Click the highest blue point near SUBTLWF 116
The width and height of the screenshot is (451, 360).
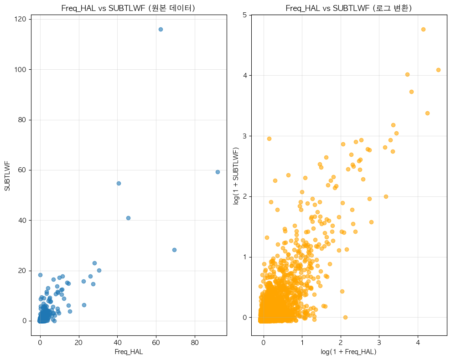161,29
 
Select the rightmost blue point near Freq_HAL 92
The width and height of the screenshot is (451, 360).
218,172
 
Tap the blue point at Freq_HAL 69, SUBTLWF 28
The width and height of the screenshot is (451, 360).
174,250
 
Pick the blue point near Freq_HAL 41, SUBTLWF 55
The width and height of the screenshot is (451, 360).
119,183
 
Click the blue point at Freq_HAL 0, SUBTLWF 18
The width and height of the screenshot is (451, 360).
40,275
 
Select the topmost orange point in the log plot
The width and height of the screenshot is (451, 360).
423,29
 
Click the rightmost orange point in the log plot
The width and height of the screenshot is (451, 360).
438,70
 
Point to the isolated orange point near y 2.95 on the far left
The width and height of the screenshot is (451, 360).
269,139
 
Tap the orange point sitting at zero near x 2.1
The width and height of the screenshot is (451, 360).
345,317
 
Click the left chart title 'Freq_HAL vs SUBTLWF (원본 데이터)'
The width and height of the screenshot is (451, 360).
129,8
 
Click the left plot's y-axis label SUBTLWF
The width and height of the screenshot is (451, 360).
8,175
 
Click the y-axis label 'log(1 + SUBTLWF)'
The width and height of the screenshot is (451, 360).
235,175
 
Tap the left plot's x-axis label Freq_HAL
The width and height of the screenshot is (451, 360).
129,351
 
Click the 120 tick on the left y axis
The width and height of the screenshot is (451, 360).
20,20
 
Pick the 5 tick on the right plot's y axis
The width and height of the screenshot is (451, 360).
244,15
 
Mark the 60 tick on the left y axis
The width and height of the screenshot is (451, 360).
21,170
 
